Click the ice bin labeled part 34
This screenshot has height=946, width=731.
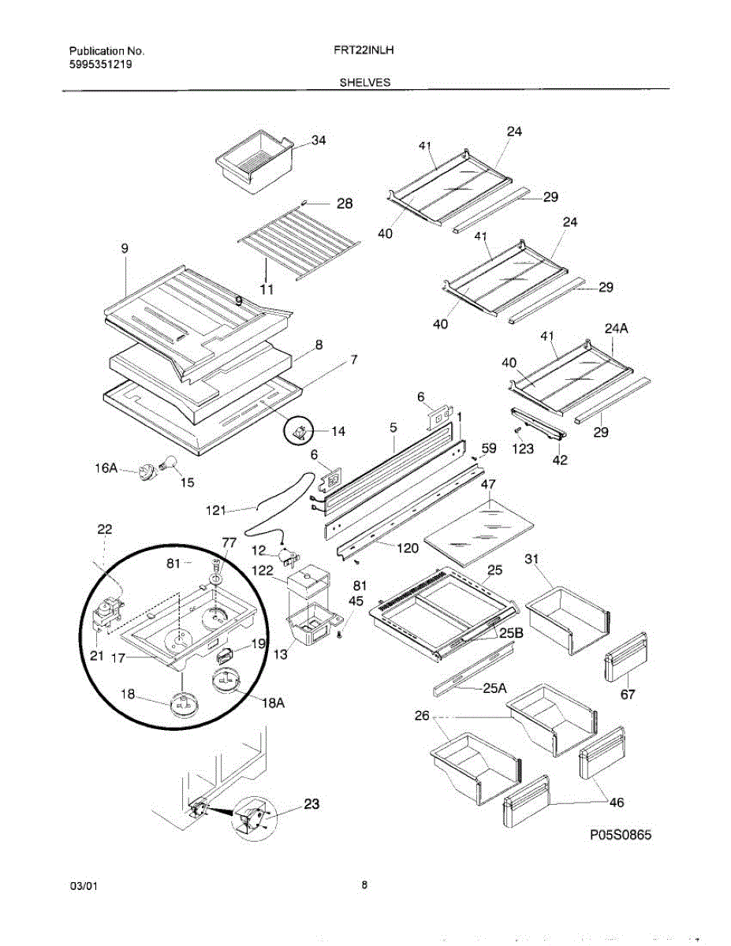255,162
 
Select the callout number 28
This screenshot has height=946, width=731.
345,203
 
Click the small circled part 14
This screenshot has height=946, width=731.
300,430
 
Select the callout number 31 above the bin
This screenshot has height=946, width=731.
532,559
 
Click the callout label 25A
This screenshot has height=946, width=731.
494,688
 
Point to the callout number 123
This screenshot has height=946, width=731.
523,449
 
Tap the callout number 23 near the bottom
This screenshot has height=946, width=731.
312,805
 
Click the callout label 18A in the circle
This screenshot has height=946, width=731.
273,703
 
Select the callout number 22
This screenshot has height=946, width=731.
105,529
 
